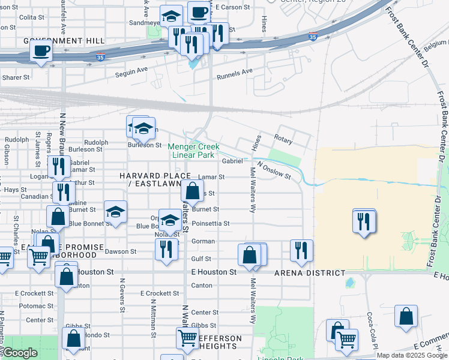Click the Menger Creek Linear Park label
[193, 151]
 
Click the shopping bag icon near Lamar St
[192, 191]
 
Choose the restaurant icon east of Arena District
[364, 221]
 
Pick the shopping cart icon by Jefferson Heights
[187, 338]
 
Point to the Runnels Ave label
[235, 73]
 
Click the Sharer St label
[15, 77]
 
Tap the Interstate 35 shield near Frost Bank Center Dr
[313, 37]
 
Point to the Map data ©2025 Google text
[411, 355]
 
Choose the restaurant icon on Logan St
[58, 166]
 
